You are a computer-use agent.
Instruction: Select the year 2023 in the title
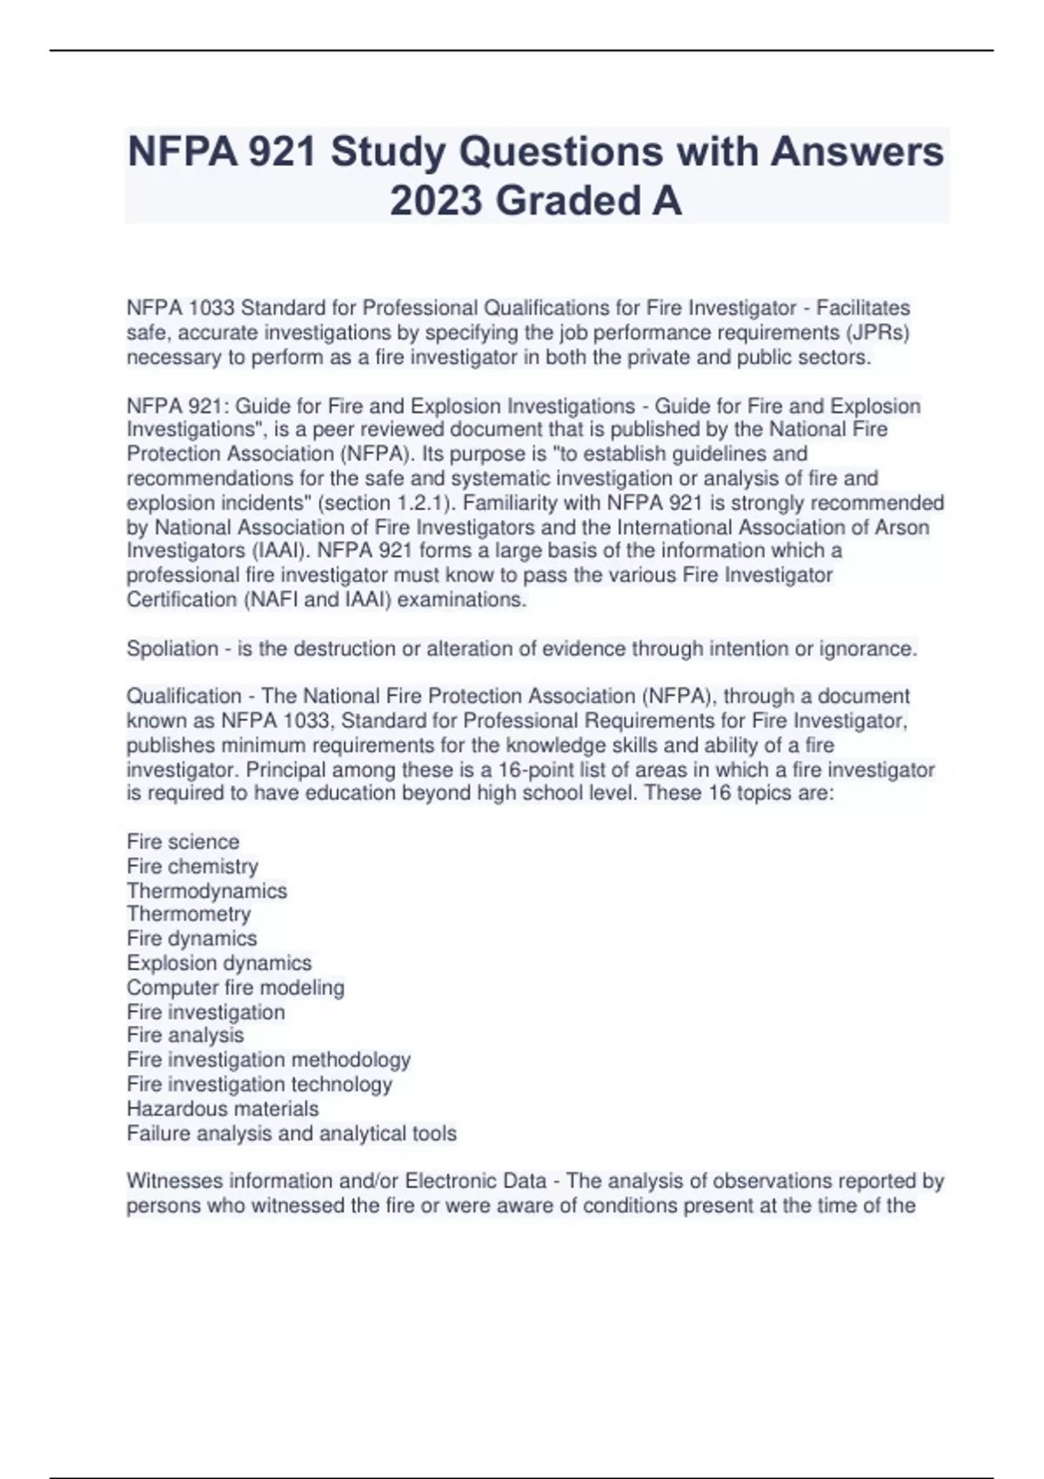pyautogui.click(x=436, y=201)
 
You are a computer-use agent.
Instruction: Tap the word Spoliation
pyautogui.click(x=172, y=649)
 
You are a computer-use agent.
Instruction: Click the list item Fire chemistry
pyautogui.click(x=192, y=867)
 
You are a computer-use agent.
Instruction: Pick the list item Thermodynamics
pyautogui.click(x=206, y=891)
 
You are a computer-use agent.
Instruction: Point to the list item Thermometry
pyautogui.click(x=188, y=914)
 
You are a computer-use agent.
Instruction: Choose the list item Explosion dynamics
pyautogui.click(x=218, y=963)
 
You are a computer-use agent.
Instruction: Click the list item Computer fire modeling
pyautogui.click(x=235, y=987)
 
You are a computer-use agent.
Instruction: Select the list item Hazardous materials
pyautogui.click(x=223, y=1109)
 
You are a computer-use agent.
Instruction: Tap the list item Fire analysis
pyautogui.click(x=185, y=1035)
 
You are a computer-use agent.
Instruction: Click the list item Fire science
pyautogui.click(x=183, y=842)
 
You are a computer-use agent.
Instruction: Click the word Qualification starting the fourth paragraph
pyautogui.click(x=184, y=696)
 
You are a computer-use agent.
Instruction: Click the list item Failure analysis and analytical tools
pyautogui.click(x=291, y=1134)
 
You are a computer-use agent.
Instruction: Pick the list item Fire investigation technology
pyautogui.click(x=259, y=1085)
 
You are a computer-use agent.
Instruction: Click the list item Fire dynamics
pyautogui.click(x=191, y=939)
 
